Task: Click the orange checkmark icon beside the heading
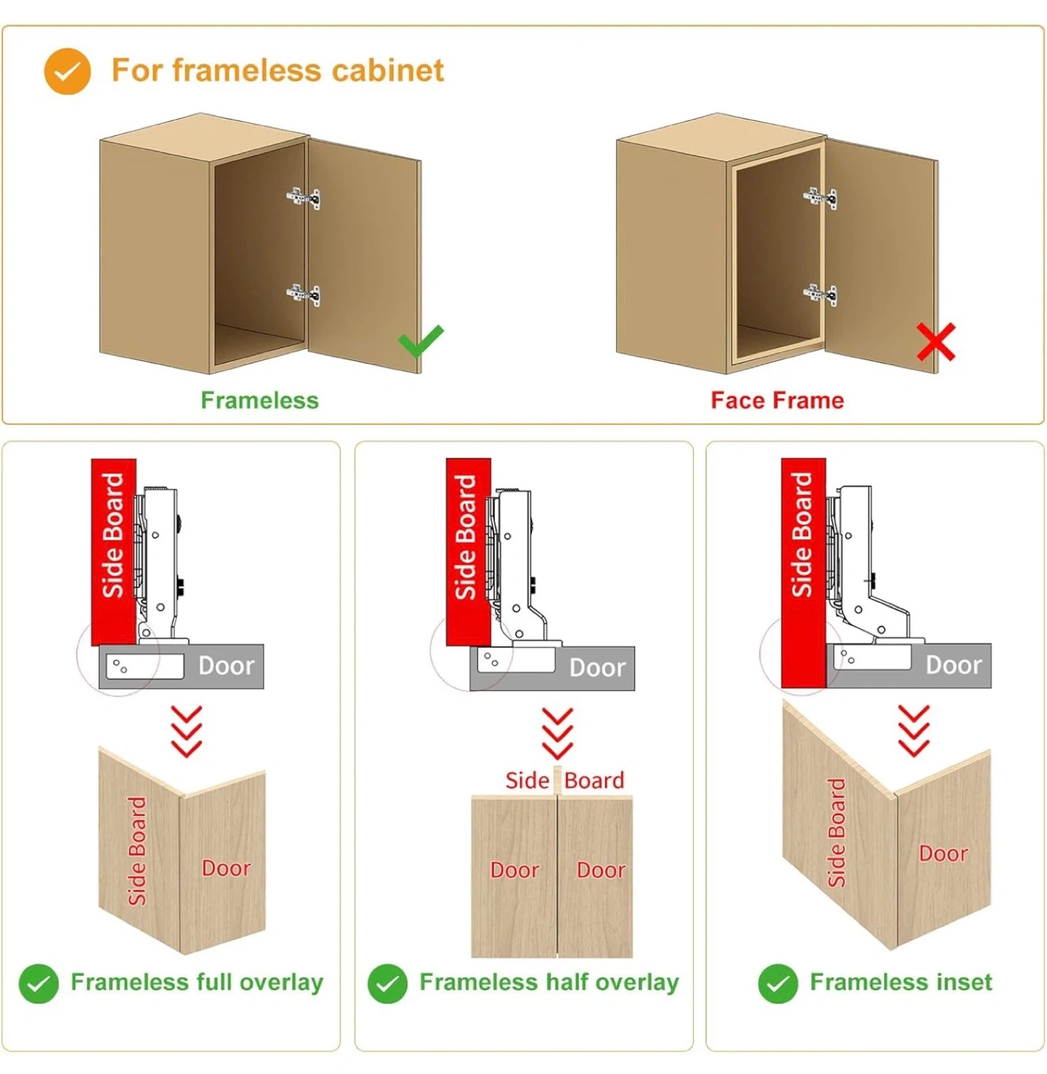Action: (67, 72)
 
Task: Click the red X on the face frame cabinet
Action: (936, 342)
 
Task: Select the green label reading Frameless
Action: (260, 401)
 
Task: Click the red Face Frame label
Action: (777, 401)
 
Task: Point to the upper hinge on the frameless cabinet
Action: (304, 198)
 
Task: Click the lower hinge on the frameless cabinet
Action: (304, 294)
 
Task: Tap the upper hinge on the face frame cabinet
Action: (820, 198)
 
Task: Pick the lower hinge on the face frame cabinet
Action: (820, 294)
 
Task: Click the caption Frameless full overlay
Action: (197, 982)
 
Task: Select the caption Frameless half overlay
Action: (549, 982)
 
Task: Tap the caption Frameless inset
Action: (901, 982)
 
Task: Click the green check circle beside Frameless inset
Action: (778, 984)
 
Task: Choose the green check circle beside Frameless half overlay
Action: (387, 984)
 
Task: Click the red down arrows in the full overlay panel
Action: (187, 731)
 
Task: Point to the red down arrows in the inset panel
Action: (913, 731)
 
